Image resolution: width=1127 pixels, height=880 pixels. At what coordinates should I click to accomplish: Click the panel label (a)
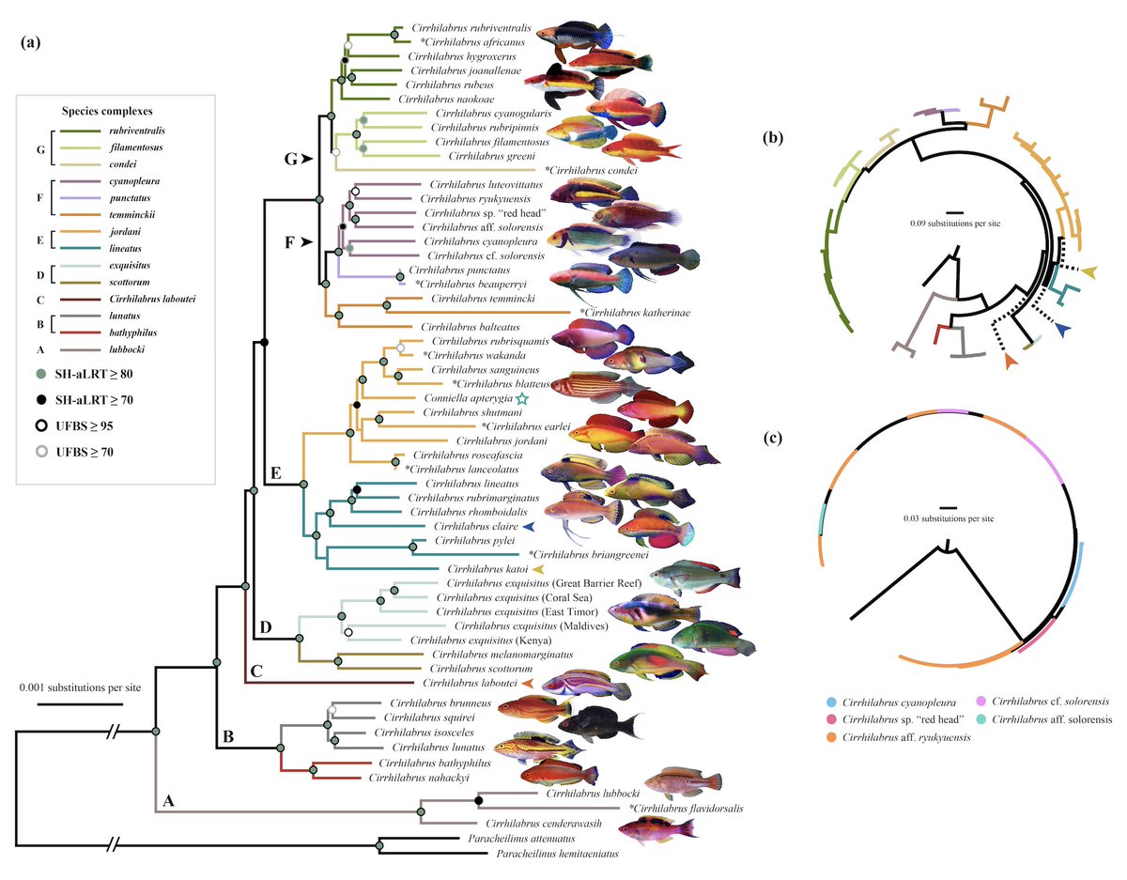tap(32, 43)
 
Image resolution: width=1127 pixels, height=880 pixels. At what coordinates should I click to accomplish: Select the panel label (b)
tap(776, 138)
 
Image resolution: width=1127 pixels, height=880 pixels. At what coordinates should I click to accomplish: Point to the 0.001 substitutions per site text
tap(80, 687)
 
